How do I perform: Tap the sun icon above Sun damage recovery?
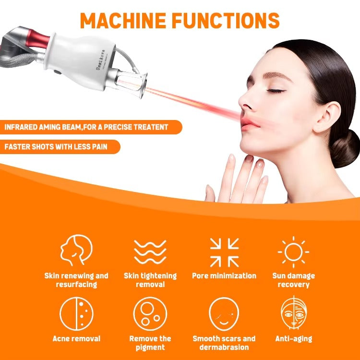pyautogui.click(x=293, y=252)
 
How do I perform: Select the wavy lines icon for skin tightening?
pyautogui.click(x=150, y=252)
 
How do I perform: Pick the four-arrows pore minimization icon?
pyautogui.click(x=224, y=252)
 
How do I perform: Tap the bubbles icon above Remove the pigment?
pyautogui.click(x=150, y=314)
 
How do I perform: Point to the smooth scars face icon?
pyautogui.click(x=224, y=314)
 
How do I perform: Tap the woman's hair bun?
pyautogui.click(x=345, y=148)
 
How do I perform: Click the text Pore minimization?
pyautogui.click(x=224, y=276)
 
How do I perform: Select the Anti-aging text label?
pyautogui.click(x=293, y=339)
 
